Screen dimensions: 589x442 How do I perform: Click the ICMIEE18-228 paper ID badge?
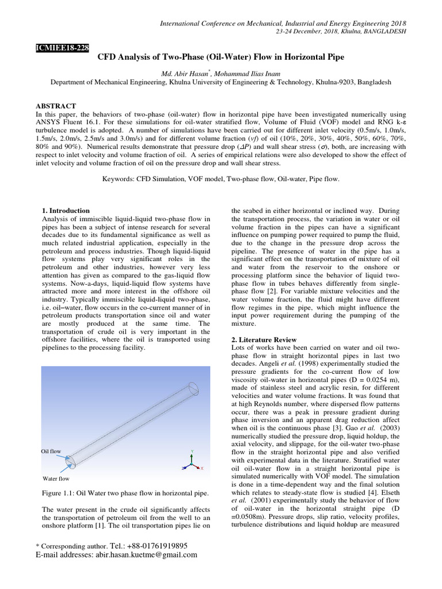pos(62,48)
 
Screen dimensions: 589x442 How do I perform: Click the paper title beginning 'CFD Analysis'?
pos(221,58)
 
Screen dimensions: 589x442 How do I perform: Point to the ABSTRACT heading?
pos(56,106)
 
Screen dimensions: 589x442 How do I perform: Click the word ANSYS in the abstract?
pos(50,123)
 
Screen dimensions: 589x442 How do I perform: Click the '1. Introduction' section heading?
pos(66,211)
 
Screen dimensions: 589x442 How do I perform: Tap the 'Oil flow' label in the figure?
pos(51,452)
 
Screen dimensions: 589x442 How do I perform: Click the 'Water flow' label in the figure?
pos(56,478)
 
